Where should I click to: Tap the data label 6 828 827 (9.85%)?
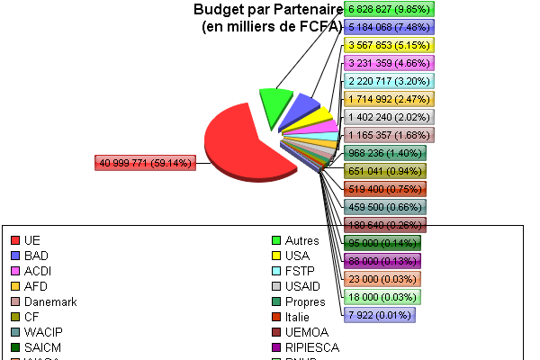coord(390,9)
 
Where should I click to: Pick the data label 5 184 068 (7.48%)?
coord(390,27)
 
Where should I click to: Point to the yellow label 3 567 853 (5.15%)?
coord(390,45)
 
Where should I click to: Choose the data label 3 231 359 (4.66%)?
coord(390,63)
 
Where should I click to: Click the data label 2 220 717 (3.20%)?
coord(390,81)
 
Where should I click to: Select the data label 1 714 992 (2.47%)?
coord(390,99)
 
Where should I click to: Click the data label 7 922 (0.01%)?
coord(379,315)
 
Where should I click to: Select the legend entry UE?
coord(31,240)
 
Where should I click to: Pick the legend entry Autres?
coord(301,240)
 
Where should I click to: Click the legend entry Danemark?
coord(50,301)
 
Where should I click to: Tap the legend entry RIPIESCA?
coord(310,347)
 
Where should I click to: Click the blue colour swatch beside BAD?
coord(14,256)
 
